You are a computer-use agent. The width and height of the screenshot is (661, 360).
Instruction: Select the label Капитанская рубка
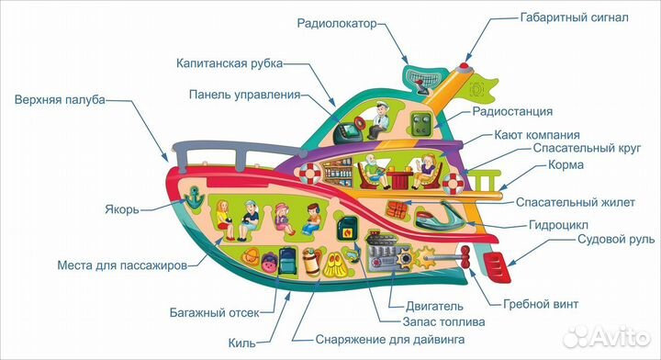point(229,63)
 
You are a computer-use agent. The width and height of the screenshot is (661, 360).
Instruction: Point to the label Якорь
point(121,208)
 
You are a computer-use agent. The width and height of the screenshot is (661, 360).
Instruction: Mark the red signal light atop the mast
point(464,65)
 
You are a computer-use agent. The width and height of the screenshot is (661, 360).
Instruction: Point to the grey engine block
point(391,249)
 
